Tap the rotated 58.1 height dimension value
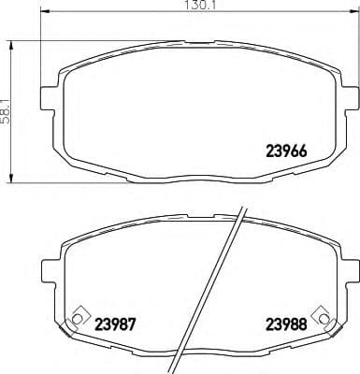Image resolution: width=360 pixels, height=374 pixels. (7, 107)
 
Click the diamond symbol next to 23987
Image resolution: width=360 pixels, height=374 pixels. (79, 314)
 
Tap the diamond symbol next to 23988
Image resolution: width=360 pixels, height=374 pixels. (324, 315)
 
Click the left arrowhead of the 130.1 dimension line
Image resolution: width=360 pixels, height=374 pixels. (46, 15)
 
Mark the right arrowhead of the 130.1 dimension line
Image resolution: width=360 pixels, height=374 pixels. (351, 15)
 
